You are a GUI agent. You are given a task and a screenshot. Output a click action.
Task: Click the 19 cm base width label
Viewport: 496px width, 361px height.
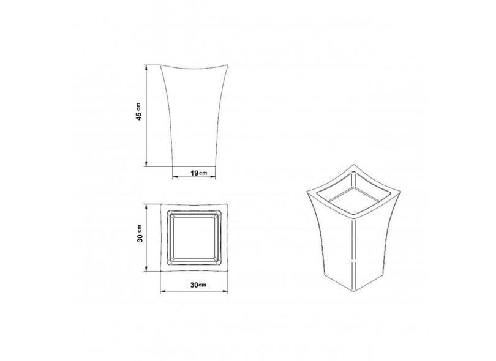click(197, 174)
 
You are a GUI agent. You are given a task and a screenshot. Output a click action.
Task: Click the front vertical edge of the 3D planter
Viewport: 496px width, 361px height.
click(355, 251)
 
